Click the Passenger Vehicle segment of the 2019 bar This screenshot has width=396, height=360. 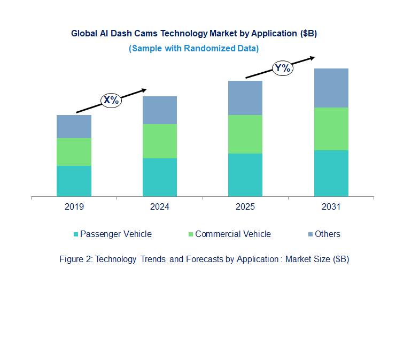pyautogui.click(x=74, y=181)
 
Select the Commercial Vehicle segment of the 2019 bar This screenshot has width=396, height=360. pyautogui.click(x=74, y=152)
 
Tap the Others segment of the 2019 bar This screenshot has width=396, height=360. pyautogui.click(x=74, y=126)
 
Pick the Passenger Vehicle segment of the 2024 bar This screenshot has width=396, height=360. pyautogui.click(x=160, y=177)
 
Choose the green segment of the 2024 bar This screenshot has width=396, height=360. pyautogui.click(x=160, y=141)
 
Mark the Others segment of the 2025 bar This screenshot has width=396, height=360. pyautogui.click(x=245, y=98)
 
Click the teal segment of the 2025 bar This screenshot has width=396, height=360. pyautogui.click(x=245, y=175)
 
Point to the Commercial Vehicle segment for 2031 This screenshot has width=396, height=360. pyautogui.click(x=331, y=129)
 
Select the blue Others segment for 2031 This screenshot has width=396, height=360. pyautogui.click(x=331, y=88)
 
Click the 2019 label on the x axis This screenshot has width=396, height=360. pyautogui.click(x=74, y=206)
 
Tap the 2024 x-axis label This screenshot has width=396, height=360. pyautogui.click(x=160, y=206)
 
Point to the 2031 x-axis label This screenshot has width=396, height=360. pyautogui.click(x=331, y=206)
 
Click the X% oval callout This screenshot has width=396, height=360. pyautogui.click(x=112, y=100)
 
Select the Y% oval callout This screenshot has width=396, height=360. pyautogui.click(x=282, y=68)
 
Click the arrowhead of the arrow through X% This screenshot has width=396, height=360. pyautogui.click(x=144, y=90)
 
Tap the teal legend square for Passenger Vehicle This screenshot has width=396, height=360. pyautogui.click(x=76, y=234)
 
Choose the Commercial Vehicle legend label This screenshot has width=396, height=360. pyautogui.click(x=233, y=234)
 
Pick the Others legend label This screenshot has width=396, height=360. pyautogui.click(x=328, y=234)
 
